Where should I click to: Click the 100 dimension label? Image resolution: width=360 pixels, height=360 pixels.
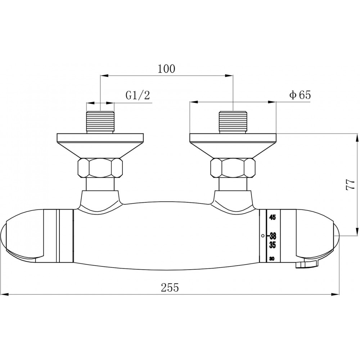[166, 69]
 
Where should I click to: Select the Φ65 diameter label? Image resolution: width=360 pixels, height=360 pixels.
[300, 95]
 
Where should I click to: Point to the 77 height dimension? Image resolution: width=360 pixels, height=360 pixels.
[350, 184]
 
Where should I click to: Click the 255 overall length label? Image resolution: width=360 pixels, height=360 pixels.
[170, 287]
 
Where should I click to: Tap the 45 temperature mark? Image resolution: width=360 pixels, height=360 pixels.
[272, 217]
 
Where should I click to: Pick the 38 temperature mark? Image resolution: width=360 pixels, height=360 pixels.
[273, 236]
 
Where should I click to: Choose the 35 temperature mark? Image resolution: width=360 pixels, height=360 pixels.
[272, 245]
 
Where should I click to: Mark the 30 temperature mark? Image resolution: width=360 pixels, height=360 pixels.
[272, 259]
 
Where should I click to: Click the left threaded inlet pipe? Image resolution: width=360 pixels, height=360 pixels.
[100, 122]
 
